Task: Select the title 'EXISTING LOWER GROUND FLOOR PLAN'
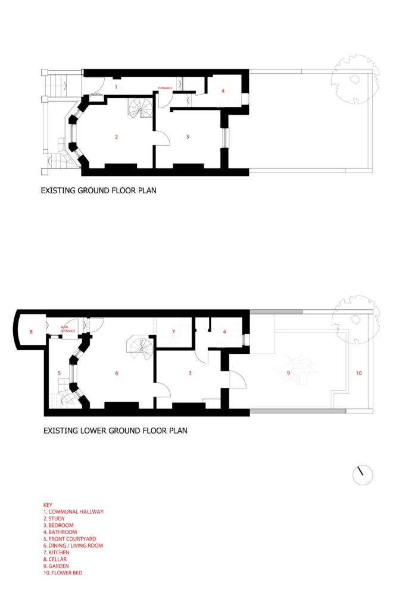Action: (x=115, y=429)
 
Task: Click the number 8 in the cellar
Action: (x=31, y=331)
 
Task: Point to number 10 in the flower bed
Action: (x=358, y=373)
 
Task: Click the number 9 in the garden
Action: (x=288, y=373)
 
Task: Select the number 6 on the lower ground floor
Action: (x=117, y=373)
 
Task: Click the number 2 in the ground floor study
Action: (x=116, y=137)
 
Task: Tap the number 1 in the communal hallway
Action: (x=116, y=87)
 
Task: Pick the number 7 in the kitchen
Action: (x=173, y=331)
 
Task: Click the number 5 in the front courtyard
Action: (x=59, y=373)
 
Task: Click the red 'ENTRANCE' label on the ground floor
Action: (x=165, y=88)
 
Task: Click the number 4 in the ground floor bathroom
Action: (x=223, y=91)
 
